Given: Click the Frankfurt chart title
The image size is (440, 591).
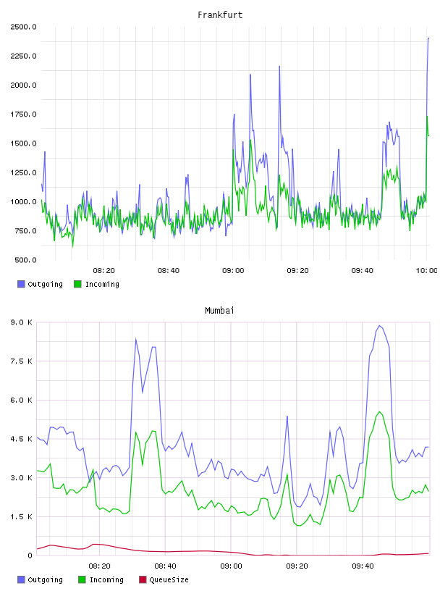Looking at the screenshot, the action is click(x=220, y=15).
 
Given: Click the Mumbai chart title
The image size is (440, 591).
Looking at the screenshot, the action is click(x=219, y=311).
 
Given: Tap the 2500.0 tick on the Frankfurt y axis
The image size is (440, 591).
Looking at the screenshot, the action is click(x=24, y=27).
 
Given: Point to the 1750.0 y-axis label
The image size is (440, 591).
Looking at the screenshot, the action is click(x=24, y=114).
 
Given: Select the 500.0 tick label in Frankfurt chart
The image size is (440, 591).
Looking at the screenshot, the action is click(x=25, y=260).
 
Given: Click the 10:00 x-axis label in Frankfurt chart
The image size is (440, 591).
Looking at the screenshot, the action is click(x=426, y=271).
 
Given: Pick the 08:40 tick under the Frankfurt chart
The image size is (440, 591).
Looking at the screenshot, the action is click(x=169, y=271).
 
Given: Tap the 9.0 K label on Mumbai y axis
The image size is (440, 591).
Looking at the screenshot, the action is click(x=22, y=322).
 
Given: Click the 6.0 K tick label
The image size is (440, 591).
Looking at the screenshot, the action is click(x=22, y=401).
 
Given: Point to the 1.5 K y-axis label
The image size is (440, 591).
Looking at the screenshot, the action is click(x=22, y=516).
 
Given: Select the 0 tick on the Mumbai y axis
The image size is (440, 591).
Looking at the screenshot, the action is click(x=30, y=556).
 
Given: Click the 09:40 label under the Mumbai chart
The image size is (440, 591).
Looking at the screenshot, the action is click(x=363, y=566).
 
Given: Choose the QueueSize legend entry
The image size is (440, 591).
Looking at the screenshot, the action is click(x=164, y=579).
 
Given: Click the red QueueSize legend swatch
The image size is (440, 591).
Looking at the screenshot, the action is click(x=143, y=579).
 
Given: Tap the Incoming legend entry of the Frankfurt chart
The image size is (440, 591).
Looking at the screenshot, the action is click(x=97, y=284).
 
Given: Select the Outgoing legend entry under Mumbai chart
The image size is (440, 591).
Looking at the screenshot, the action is click(x=41, y=579).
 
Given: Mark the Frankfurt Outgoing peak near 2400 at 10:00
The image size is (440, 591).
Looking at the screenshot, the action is click(x=428, y=38).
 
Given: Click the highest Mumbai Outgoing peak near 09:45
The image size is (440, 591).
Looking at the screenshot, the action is click(x=380, y=326).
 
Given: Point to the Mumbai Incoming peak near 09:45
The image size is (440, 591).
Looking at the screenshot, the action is click(x=380, y=411).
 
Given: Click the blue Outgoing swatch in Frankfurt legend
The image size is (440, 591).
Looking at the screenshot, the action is click(x=21, y=284).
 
